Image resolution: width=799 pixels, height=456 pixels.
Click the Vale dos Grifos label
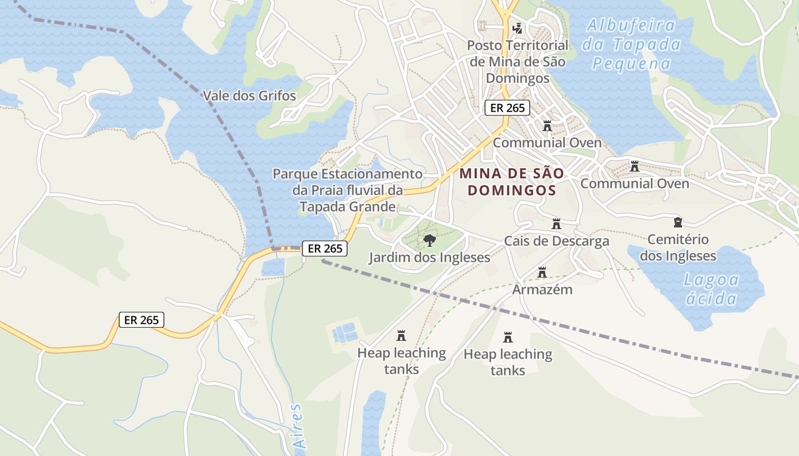click(x=249, y=95)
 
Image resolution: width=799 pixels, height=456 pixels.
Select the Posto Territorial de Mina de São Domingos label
click(x=518, y=61)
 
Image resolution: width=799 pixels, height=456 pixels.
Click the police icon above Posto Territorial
click(x=518, y=27)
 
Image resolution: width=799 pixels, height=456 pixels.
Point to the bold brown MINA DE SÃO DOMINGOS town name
click(x=512, y=181)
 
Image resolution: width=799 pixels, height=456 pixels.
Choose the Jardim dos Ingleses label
click(x=429, y=257)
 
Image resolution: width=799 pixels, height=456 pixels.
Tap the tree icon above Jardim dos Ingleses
click(x=429, y=241)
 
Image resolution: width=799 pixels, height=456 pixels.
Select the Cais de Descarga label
click(x=556, y=241)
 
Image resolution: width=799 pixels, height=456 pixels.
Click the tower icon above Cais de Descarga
click(x=556, y=224)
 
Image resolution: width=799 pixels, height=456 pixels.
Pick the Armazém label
click(x=542, y=289)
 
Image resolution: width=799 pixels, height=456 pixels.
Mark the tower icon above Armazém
click(x=542, y=272)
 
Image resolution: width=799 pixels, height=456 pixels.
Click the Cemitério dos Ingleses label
click(x=678, y=247)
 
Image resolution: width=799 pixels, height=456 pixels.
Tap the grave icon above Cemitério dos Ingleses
click(x=678, y=222)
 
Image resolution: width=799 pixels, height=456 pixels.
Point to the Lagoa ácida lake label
click(x=711, y=289)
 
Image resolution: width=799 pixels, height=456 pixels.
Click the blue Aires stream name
click(x=297, y=426)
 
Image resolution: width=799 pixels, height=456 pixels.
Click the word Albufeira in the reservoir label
click(x=631, y=26)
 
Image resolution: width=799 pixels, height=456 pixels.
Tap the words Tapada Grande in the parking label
click(x=348, y=206)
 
